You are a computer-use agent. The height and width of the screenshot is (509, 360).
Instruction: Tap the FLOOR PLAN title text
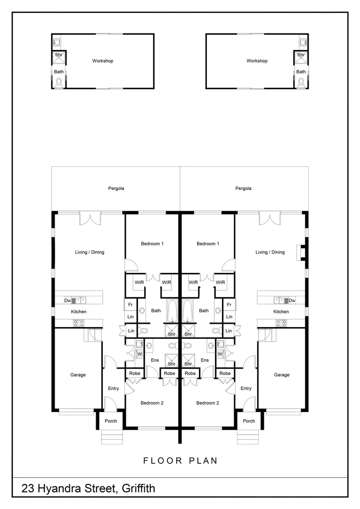(x=180, y=460)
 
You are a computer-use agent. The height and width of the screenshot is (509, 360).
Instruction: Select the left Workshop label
(x=103, y=61)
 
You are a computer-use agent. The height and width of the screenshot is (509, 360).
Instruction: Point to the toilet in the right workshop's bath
(x=301, y=82)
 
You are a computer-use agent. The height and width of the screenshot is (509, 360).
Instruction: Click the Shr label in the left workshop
(x=58, y=55)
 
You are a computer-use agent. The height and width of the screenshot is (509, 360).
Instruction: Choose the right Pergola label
(x=243, y=189)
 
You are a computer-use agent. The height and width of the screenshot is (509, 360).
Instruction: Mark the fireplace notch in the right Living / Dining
(x=301, y=252)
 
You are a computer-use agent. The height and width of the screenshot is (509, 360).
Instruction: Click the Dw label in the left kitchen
(x=67, y=300)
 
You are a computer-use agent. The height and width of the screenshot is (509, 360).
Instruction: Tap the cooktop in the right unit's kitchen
(x=281, y=323)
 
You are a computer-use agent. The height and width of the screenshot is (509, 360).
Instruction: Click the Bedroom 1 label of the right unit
(x=208, y=244)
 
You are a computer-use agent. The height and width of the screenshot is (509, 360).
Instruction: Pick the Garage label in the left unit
(x=78, y=375)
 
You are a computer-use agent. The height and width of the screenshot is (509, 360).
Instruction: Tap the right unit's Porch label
(x=249, y=421)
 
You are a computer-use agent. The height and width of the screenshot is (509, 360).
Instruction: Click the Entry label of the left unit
(x=113, y=388)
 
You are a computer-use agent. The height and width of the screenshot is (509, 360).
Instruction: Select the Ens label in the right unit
(x=205, y=360)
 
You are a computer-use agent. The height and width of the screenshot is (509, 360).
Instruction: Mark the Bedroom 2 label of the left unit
(x=152, y=403)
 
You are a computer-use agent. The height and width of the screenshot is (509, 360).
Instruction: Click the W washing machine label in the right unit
(x=220, y=353)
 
